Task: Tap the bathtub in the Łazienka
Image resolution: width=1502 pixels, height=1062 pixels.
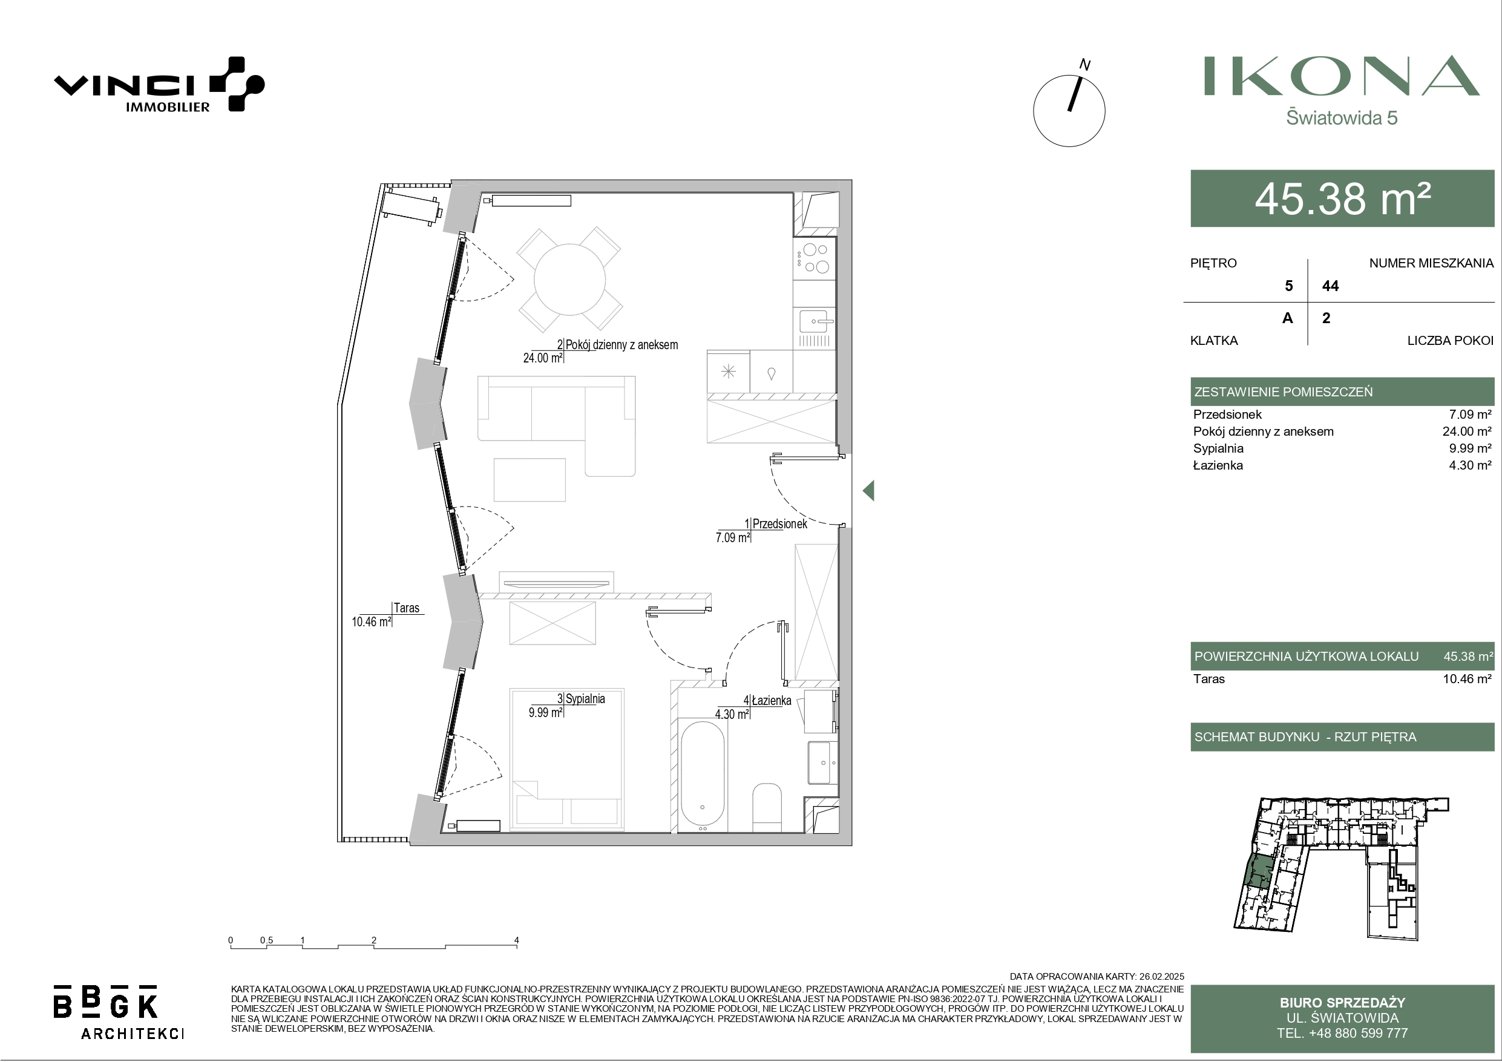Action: [x=703, y=776]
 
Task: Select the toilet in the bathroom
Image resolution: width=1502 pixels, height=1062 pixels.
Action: [x=767, y=807]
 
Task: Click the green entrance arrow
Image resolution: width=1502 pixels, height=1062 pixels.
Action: [x=869, y=490]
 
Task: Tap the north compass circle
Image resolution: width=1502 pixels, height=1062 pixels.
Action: [x=1069, y=111]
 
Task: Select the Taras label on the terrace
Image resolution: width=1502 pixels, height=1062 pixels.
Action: [x=406, y=608]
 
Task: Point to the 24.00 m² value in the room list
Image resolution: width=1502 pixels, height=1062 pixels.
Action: [x=1467, y=431]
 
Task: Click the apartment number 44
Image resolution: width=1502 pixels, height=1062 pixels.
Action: [x=1330, y=286]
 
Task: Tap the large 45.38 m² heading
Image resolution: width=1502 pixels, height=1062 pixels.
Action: [x=1342, y=199]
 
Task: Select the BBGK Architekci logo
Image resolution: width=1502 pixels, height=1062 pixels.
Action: [x=119, y=1012]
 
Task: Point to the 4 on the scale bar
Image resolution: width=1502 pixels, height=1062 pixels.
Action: [x=516, y=940]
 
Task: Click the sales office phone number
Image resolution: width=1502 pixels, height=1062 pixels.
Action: [x=1342, y=1033]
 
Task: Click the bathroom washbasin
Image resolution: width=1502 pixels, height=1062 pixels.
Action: [x=822, y=762]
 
